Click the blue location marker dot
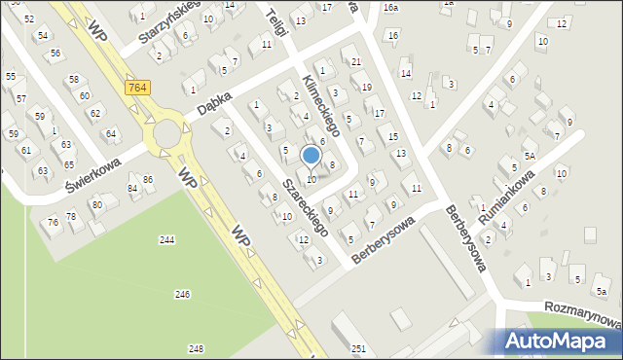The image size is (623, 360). coord(311,155)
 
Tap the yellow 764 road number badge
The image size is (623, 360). coord(137,88)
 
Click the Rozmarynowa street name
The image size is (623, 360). coord(584,314)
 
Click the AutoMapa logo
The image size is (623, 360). coord(562,340)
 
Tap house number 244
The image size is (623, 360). coord(167,239)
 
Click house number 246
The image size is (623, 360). coord(182,294)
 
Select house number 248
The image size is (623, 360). coord(197,348)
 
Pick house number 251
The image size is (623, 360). coord(358,348)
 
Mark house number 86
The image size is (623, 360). coord(148,180)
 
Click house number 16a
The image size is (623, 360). coord(390,8)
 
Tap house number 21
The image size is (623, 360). coord(356,62)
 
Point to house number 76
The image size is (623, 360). coord(53,223)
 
